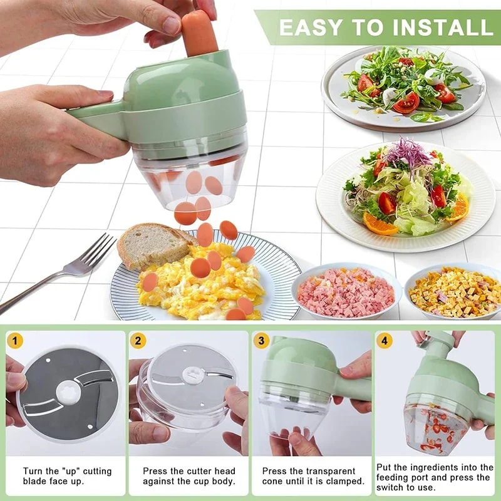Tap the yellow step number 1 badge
[x=15, y=341]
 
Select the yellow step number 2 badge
[x=138, y=341]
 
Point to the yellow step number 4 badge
[x=384, y=341]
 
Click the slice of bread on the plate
[x=151, y=244]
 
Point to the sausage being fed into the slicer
[x=199, y=31]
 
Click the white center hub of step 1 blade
[x=68, y=394]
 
